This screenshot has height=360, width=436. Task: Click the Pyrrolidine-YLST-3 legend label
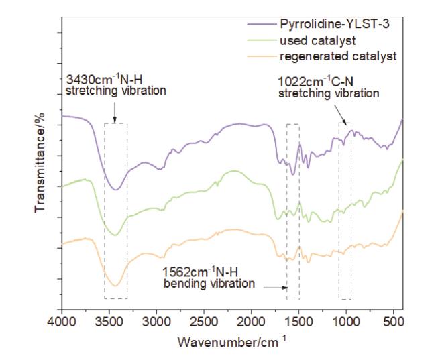(335, 24)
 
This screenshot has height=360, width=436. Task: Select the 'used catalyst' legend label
(317, 41)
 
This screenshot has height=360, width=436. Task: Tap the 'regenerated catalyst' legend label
(338, 56)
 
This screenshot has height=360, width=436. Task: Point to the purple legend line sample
(261, 24)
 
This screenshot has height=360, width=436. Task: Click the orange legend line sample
(261, 56)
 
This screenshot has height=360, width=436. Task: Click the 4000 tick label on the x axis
(62, 322)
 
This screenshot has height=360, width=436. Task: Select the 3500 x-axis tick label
(109, 322)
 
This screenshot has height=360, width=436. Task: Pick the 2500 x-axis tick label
(204, 322)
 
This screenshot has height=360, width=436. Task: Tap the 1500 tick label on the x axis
(298, 322)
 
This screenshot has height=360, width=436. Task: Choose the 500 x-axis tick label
(393, 322)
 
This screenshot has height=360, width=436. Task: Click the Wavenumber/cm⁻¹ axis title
(232, 342)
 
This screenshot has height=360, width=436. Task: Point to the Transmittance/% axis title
(40, 163)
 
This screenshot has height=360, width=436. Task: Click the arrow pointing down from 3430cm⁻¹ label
(115, 113)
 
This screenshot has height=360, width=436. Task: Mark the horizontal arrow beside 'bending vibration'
(275, 288)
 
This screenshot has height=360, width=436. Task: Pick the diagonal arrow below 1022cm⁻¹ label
(340, 115)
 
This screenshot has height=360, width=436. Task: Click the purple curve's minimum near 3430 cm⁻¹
(116, 190)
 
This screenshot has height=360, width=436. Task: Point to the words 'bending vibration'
(209, 284)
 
